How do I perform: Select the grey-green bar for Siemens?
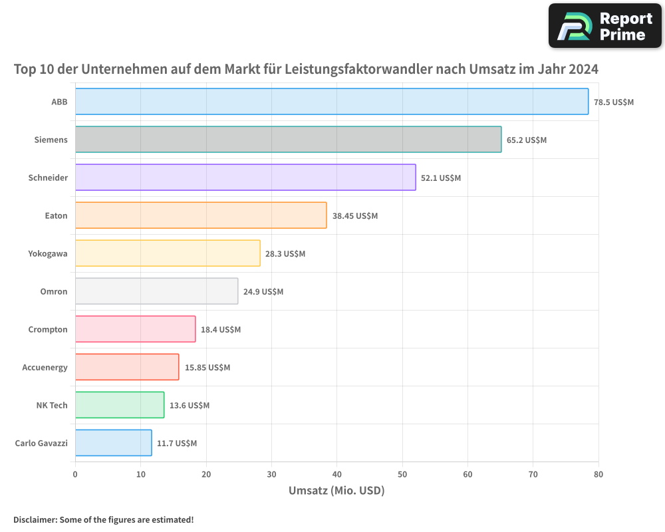pyautogui.click(x=288, y=140)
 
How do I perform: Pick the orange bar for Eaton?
pyautogui.click(x=200, y=215)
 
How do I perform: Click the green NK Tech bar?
pyautogui.click(x=119, y=405)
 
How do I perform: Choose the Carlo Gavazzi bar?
pyautogui.click(x=113, y=443)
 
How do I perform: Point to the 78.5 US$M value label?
pyautogui.click(x=614, y=102)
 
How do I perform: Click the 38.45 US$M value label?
pyautogui.click(x=355, y=216)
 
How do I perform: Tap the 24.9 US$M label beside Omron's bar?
pyautogui.click(x=263, y=292)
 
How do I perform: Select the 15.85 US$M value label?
pyautogui.click(x=207, y=368)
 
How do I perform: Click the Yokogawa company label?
pyautogui.click(x=48, y=253)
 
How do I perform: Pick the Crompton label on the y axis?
pyautogui.click(x=48, y=329)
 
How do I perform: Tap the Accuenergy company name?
pyautogui.click(x=45, y=367)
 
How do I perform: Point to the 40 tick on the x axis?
pyautogui.click(x=336, y=474)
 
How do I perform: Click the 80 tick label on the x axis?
pyautogui.click(x=598, y=474)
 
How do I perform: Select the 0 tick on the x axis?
pyautogui.click(x=75, y=474)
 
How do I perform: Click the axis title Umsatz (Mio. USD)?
pyautogui.click(x=336, y=491)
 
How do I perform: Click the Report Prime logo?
pyautogui.click(x=605, y=26)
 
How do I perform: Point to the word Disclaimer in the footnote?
pyautogui.click(x=35, y=519)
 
